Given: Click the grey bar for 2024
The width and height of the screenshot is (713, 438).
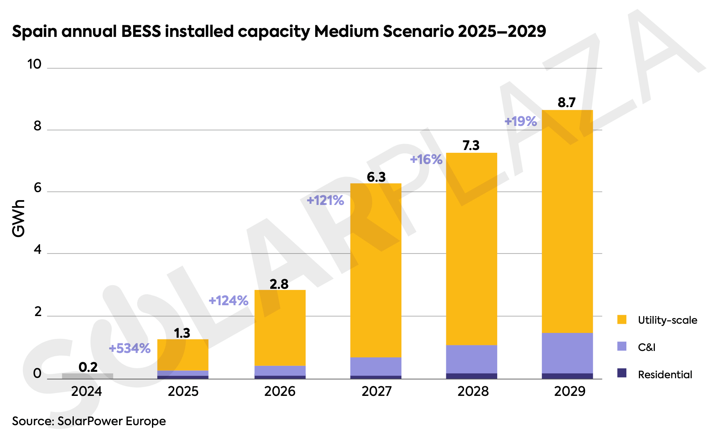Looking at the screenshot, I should pyautogui.click(x=87, y=376).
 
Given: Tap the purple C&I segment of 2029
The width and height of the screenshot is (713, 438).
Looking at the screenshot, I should pyautogui.click(x=567, y=353).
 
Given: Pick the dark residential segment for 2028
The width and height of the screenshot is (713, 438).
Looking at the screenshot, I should pyautogui.click(x=471, y=376).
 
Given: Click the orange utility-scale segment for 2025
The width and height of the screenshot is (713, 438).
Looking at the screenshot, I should pyautogui.click(x=182, y=355).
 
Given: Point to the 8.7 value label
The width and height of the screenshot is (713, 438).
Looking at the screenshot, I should pyautogui.click(x=567, y=103).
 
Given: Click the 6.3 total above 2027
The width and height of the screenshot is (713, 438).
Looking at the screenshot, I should pyautogui.click(x=376, y=177).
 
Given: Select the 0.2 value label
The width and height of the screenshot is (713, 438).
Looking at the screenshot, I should pyautogui.click(x=88, y=367).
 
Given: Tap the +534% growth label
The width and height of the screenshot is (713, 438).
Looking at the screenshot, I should pyautogui.click(x=130, y=348).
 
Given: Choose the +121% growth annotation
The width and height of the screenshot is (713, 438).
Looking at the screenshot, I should pyautogui.click(x=325, y=200).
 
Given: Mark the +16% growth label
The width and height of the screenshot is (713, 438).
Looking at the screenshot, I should pyautogui.click(x=426, y=160).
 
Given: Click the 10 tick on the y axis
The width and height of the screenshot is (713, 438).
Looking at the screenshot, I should pyautogui.click(x=34, y=64).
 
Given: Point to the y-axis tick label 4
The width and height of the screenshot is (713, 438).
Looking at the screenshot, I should pyautogui.click(x=38, y=250).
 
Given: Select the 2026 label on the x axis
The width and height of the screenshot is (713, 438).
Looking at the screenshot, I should pyautogui.click(x=280, y=391).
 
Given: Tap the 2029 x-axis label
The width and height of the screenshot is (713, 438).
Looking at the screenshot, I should pyautogui.click(x=569, y=391).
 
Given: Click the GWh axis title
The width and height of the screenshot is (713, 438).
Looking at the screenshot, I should pyautogui.click(x=18, y=219).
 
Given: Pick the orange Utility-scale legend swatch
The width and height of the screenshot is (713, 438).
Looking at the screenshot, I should pyautogui.click(x=622, y=320).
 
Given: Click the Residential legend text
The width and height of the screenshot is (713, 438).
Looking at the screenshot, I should pyautogui.click(x=665, y=375).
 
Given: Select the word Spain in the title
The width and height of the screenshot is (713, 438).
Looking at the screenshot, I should pyautogui.click(x=35, y=31).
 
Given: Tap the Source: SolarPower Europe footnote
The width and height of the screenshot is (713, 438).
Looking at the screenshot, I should pyautogui.click(x=89, y=421).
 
